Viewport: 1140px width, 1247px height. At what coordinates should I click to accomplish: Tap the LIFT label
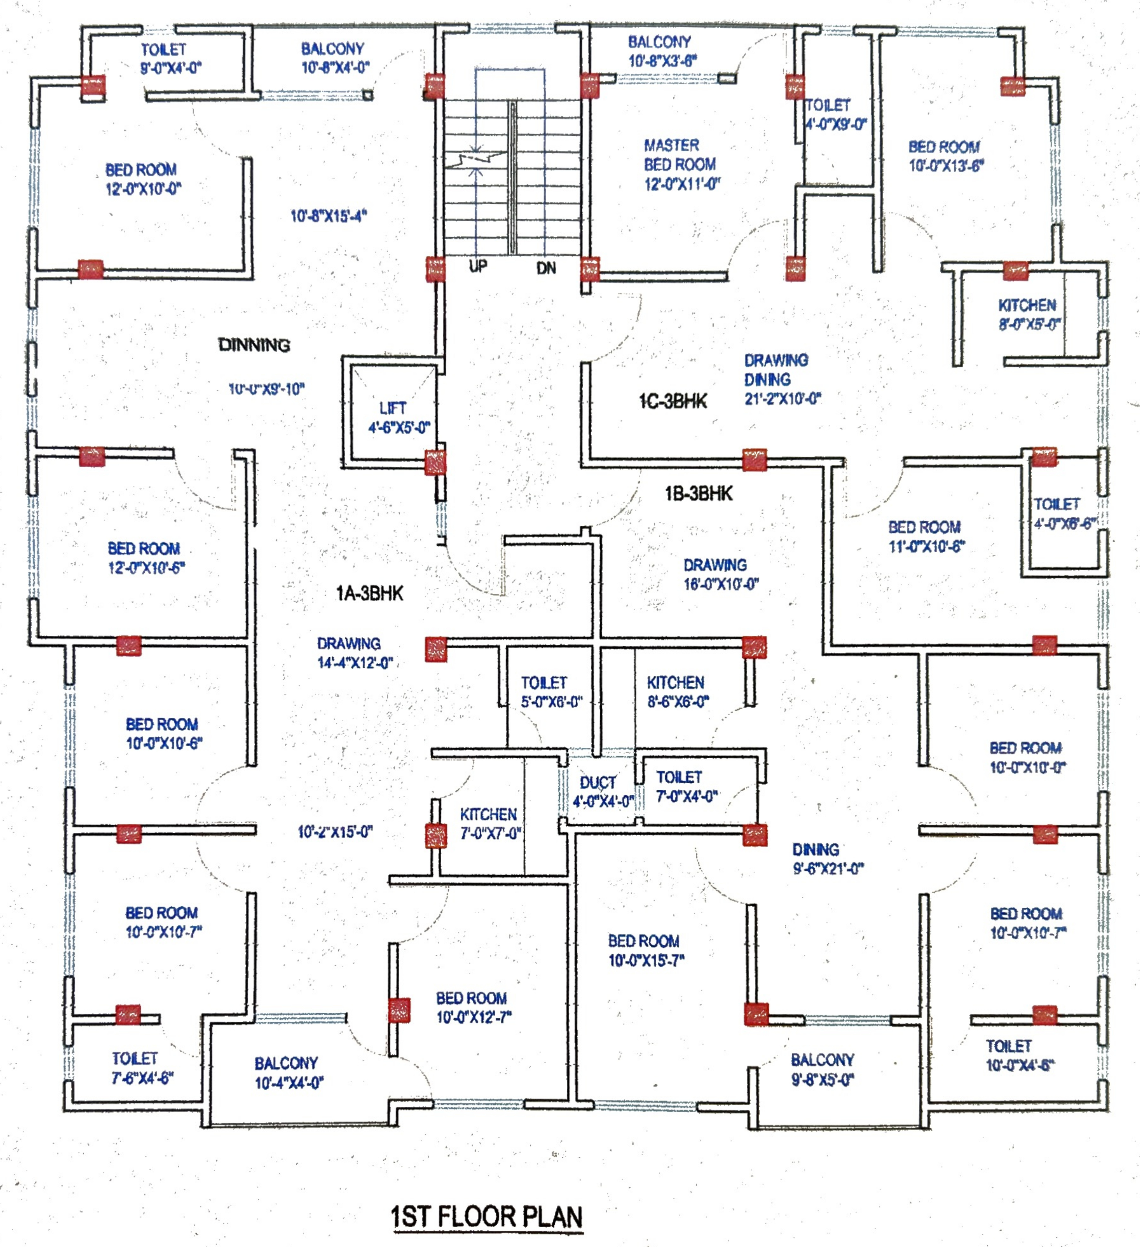coord(393,408)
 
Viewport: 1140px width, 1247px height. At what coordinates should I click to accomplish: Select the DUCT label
coord(598,782)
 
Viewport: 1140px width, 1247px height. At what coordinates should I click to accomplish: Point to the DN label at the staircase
coord(546,268)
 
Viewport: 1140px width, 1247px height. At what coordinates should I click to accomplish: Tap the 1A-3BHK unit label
coord(370,594)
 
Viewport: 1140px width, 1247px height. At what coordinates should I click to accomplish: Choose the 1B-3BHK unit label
coord(699,494)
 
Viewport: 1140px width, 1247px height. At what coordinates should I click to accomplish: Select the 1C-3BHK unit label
coord(673,401)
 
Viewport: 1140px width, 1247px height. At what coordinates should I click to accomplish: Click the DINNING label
coord(254,345)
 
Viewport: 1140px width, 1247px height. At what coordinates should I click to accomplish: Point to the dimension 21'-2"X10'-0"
coord(783,398)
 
